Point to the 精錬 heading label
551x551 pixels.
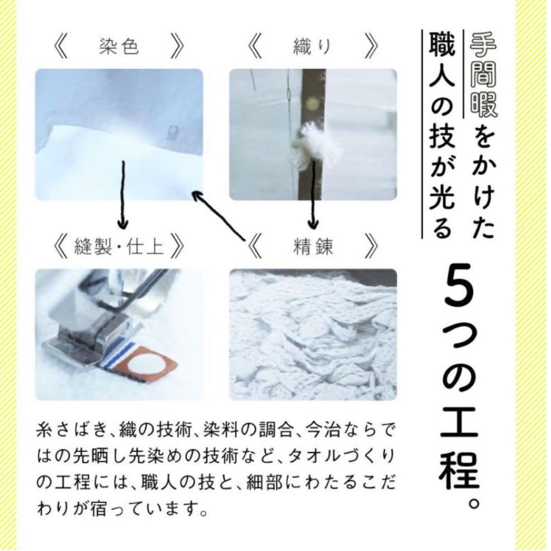coord(313,247)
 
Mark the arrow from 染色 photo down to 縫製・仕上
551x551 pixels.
coord(122,194)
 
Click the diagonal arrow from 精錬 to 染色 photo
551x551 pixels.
coord(219,214)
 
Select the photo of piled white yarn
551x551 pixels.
coord(313,334)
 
